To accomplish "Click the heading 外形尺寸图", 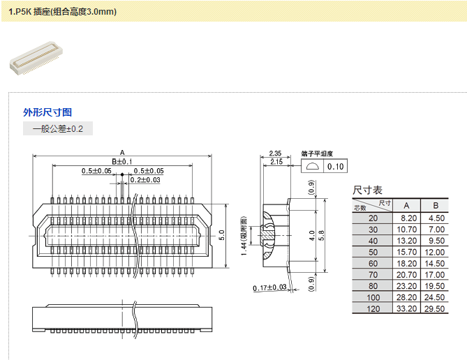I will pos(47,112).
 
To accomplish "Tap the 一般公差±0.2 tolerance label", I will pos(58,129).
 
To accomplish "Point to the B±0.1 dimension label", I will pos(121,162).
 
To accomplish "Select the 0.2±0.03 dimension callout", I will pos(145,180).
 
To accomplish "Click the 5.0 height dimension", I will pos(221,234).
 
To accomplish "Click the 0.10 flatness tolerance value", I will pos(336,167).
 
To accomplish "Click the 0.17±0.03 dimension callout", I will pos(270,287).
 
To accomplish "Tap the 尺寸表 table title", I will pos(367,190).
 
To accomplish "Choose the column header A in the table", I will pos(406,205).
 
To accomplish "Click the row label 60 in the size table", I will pos(373,263).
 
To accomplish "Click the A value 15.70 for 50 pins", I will pos(406,252).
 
